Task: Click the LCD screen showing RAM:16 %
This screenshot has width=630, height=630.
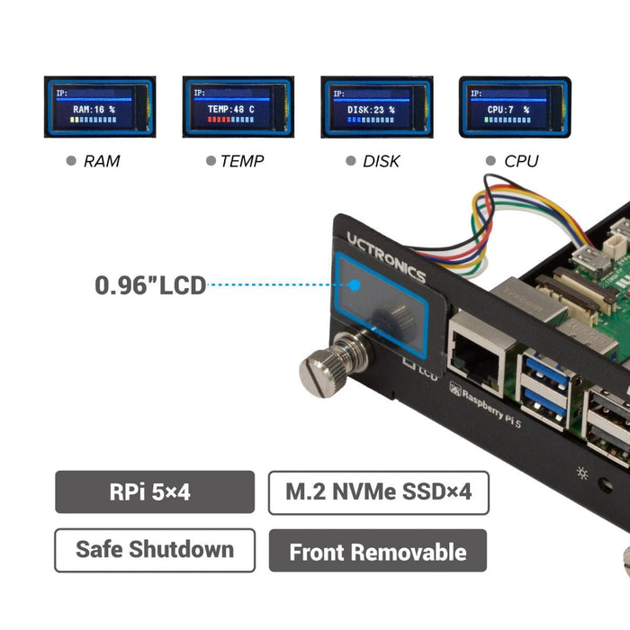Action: coord(100,107)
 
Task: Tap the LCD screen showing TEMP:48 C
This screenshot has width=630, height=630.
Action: coord(238,107)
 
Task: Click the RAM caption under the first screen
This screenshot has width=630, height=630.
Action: coord(102,162)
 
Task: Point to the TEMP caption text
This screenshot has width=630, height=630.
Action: coord(242,162)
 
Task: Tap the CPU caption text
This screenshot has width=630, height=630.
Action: coord(521,162)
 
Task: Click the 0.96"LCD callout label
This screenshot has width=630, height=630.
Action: coord(150,285)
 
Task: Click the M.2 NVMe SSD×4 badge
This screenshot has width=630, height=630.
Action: coord(378,492)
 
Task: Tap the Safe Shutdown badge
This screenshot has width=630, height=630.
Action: coord(155,550)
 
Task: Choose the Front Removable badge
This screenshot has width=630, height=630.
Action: coord(378,551)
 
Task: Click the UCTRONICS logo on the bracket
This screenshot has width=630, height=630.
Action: coord(386,257)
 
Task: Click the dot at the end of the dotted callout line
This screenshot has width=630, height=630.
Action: coord(355,286)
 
